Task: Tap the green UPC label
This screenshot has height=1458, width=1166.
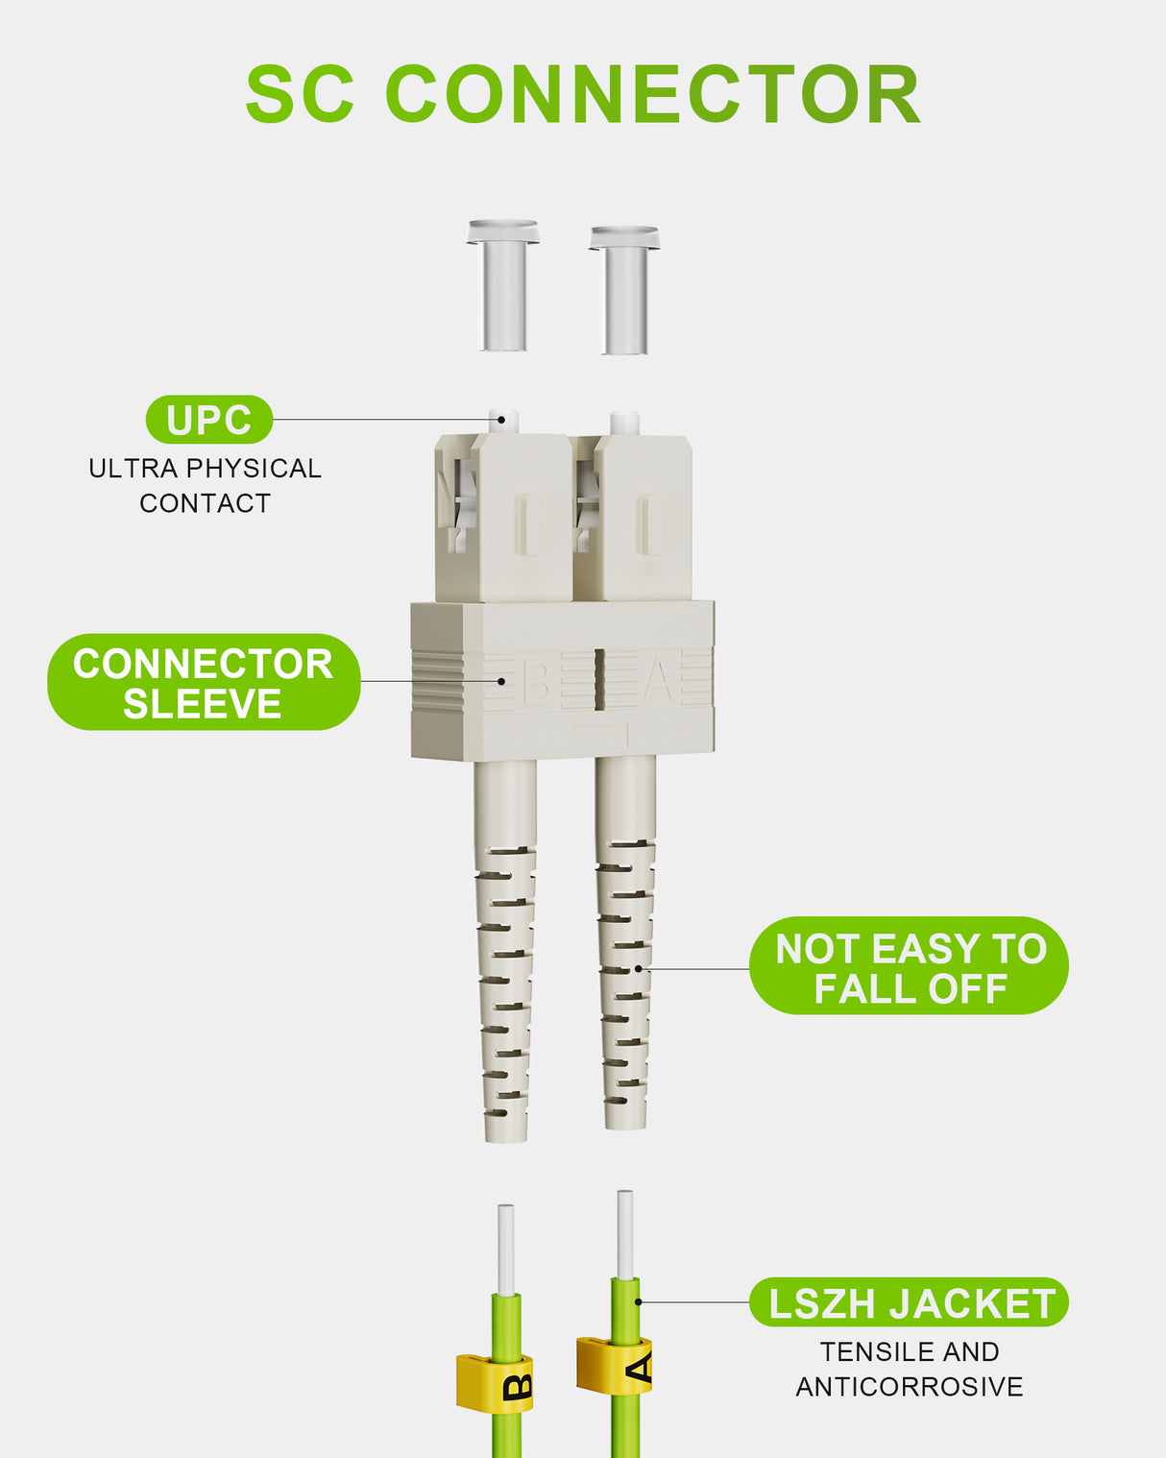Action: click(x=209, y=420)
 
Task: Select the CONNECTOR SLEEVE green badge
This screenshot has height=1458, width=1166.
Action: click(x=204, y=682)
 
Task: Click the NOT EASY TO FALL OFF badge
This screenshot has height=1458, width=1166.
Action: click(x=909, y=967)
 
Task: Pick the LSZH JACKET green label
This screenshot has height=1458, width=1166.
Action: click(x=909, y=1303)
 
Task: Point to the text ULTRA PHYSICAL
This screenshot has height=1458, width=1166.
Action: click(x=205, y=469)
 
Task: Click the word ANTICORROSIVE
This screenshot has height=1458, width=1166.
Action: click(x=909, y=1387)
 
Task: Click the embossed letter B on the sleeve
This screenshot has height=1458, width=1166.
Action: click(x=536, y=681)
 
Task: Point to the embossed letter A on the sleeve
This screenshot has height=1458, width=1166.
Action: click(x=658, y=681)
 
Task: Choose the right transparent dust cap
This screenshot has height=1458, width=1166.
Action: click(x=624, y=290)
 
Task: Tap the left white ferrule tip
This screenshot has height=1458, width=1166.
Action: click(x=504, y=421)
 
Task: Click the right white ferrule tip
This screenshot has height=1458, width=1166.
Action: click(x=624, y=423)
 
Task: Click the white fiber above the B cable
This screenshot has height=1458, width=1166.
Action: click(x=506, y=1249)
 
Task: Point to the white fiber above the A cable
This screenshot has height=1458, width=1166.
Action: click(x=625, y=1235)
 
